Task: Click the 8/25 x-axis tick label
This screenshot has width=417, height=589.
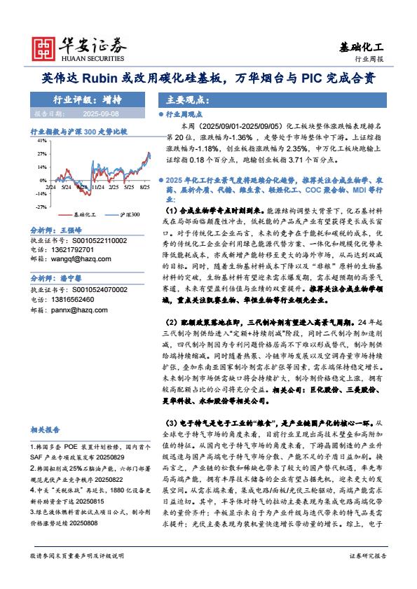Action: (145, 188)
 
